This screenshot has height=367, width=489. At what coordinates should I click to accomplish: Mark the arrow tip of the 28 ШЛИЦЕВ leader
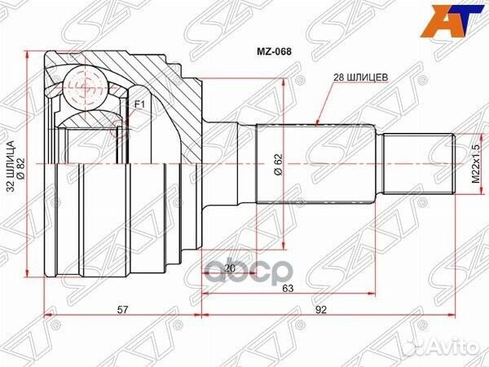pos(317,123)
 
